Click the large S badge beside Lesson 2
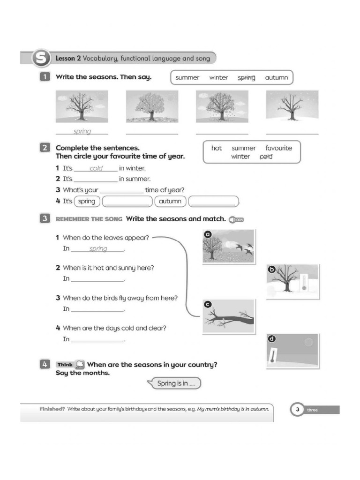click(40, 59)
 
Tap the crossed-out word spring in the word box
click(246, 78)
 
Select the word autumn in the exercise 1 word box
click(276, 78)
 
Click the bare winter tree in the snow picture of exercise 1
click(289, 107)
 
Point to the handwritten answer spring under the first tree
click(82, 132)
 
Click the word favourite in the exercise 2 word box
click(278, 148)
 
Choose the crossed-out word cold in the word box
click(266, 157)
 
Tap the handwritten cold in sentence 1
click(96, 169)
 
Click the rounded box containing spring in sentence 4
click(86, 202)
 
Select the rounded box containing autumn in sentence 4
click(170, 202)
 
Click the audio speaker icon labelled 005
click(236, 220)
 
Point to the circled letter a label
click(208, 234)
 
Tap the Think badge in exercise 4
click(65, 364)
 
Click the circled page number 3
click(297, 410)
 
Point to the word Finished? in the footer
click(52, 409)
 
